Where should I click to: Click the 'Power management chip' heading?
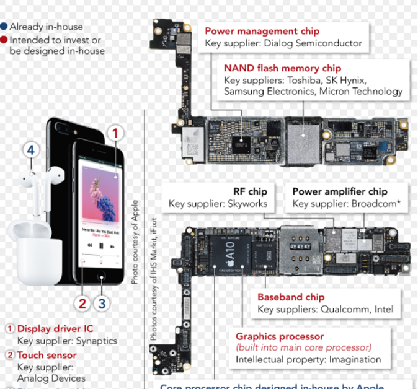pyautogui.click(x=262, y=31)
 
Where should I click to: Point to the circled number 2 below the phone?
pyautogui.click(x=81, y=303)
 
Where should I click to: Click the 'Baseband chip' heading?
pyautogui.click(x=289, y=297)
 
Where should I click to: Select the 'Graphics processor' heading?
pyautogui.click(x=279, y=336)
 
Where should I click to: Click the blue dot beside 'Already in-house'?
pyautogui.click(x=4, y=27)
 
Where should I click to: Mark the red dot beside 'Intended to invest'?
pyautogui.click(x=4, y=40)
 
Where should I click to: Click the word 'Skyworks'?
pyautogui.click(x=247, y=203)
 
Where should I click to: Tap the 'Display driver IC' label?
pyautogui.click(x=55, y=329)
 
